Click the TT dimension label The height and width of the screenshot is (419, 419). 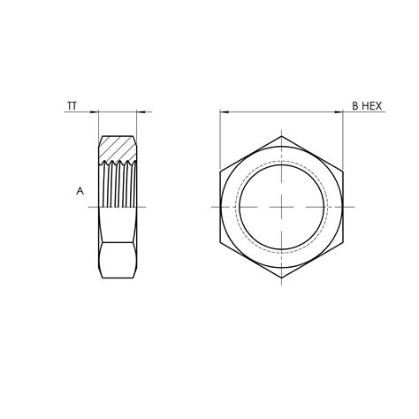tap(72, 106)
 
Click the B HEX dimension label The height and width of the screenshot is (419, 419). tap(367, 106)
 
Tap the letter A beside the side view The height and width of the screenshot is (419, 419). tap(80, 191)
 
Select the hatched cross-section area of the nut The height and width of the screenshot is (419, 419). tap(118, 149)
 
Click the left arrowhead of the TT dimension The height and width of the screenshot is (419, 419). tap(94, 112)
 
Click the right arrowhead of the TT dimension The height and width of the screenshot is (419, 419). tap(141, 112)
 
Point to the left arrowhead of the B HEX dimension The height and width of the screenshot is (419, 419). tap(225, 112)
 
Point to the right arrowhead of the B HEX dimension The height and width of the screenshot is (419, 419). tap(339, 112)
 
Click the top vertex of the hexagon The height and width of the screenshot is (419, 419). tap(281, 136)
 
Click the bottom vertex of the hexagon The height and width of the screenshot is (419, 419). tap(281, 278)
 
